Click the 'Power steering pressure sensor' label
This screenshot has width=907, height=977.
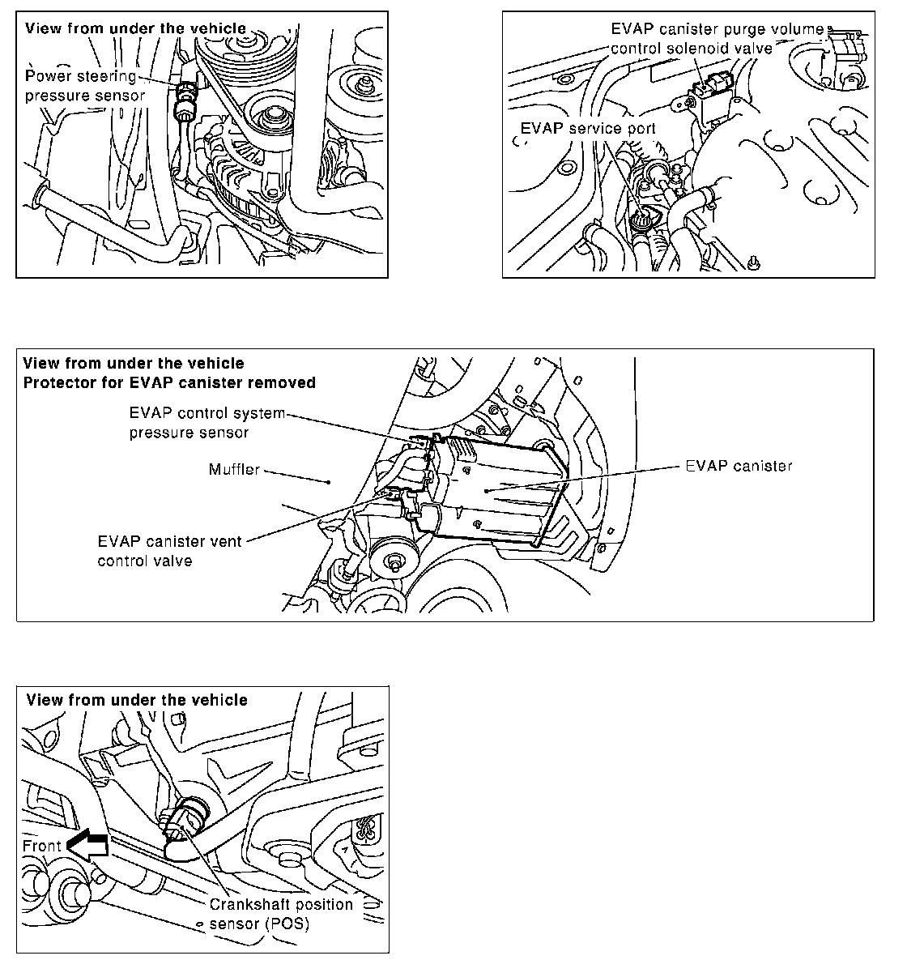pos(85,86)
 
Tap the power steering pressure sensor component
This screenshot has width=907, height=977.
pos(186,101)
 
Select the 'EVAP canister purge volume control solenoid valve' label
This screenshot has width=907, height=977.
pos(717,38)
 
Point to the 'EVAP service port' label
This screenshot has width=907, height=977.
pos(588,128)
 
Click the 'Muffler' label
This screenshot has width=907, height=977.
pos(234,469)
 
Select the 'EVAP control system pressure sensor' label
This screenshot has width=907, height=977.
pos(207,422)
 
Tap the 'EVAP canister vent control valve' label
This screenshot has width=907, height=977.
pos(169,550)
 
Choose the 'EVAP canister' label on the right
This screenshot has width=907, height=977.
pos(738,466)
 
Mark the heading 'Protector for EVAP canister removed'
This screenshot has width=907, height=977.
pos(169,382)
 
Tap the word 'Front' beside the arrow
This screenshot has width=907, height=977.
pos(42,846)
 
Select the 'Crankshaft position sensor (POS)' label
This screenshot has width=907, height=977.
pos(281,913)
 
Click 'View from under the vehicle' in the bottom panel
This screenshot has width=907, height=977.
pos(137,700)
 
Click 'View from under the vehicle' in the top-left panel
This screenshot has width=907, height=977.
pos(136,28)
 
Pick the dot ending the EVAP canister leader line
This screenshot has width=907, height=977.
pos(484,490)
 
